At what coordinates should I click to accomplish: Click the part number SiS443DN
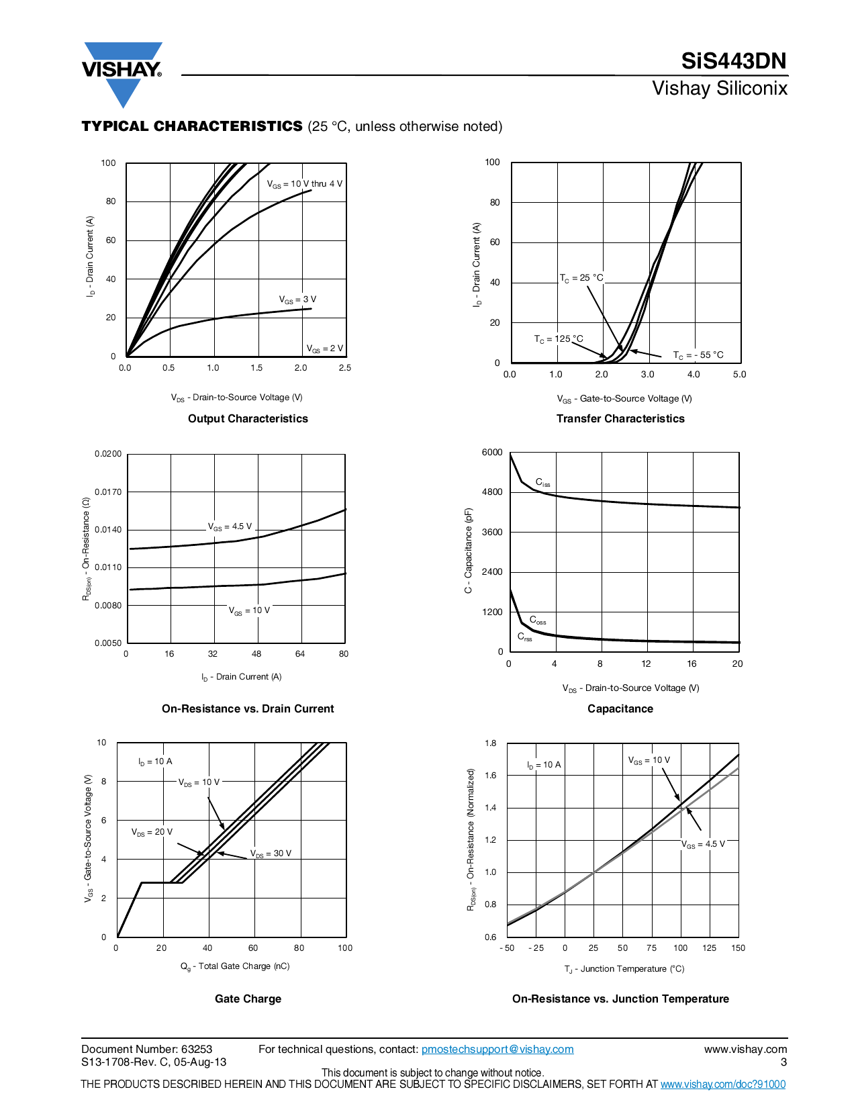(733, 61)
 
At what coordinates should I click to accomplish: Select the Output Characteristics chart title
(248, 418)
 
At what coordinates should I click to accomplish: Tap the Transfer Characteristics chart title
(620, 418)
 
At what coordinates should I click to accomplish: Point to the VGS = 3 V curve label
(297, 299)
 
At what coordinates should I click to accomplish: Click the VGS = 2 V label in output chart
(325, 349)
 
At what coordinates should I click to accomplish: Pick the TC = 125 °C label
(559, 339)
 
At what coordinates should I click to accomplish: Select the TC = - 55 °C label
(698, 355)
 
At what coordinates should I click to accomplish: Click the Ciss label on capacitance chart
(542, 482)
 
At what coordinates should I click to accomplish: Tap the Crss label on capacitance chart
(524, 637)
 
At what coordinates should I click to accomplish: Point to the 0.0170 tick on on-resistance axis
(108, 492)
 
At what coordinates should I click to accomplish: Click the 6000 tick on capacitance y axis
(492, 452)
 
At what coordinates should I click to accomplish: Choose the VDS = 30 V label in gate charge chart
(271, 853)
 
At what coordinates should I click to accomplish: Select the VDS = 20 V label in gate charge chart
(152, 832)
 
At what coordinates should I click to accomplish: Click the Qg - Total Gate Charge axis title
(235, 966)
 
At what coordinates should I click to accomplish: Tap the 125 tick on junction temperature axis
(709, 948)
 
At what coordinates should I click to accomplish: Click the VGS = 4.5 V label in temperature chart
(703, 844)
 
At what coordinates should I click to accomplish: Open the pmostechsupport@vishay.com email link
(497, 1049)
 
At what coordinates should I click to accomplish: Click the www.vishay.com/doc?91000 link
(723, 1084)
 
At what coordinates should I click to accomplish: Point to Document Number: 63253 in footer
(146, 1049)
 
